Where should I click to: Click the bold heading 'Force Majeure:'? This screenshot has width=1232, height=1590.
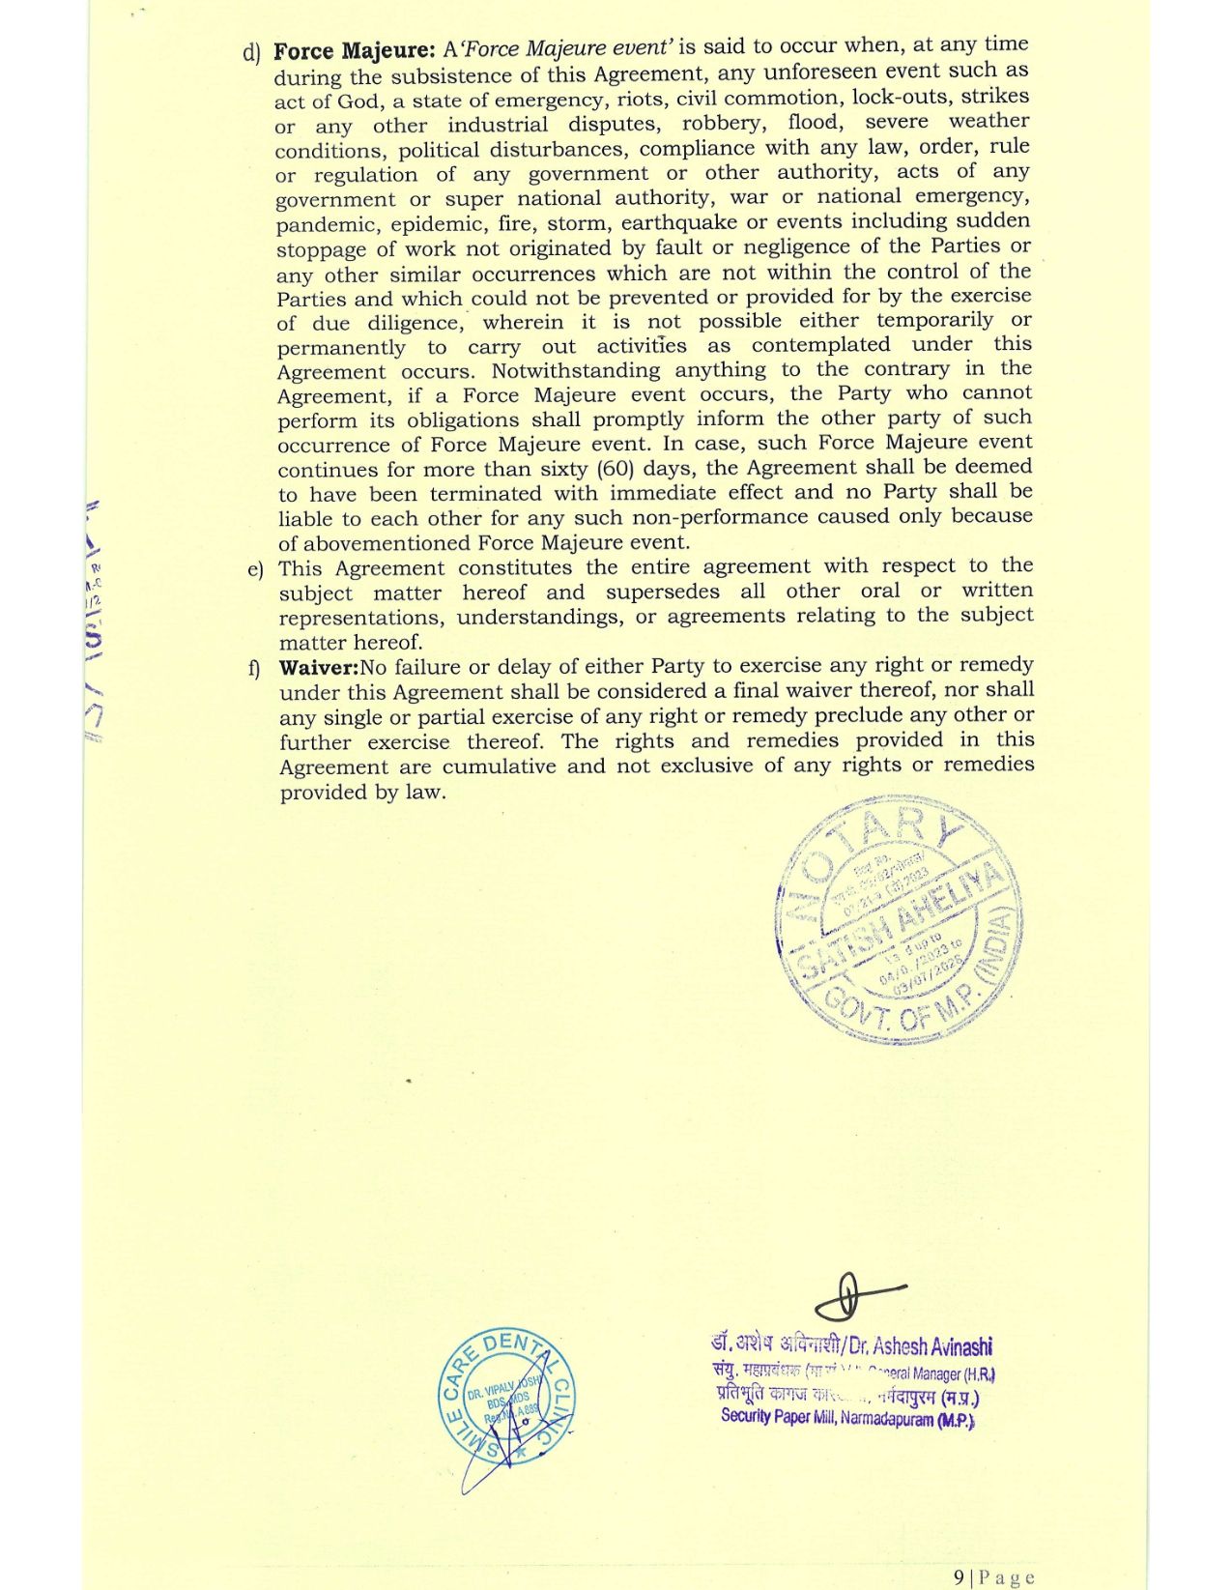(355, 50)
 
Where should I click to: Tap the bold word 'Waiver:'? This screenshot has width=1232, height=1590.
(319, 667)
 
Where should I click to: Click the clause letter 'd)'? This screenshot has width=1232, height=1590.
(252, 52)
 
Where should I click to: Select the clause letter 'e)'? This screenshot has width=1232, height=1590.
(255, 569)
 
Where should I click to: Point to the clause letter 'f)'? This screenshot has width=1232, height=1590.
(255, 668)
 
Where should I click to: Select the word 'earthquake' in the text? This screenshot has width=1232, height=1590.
(669, 222)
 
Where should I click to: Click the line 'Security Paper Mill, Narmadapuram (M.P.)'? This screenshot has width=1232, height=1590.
(847, 1418)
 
